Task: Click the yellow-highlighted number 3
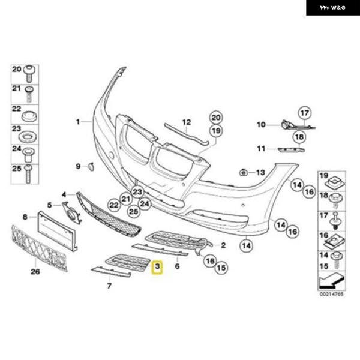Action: coord(157,268)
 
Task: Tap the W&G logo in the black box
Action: coord(332,8)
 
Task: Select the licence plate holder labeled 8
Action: coord(57,231)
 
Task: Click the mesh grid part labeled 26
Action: coord(39,248)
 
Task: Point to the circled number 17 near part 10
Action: coord(305,113)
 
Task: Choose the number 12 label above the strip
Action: coord(187,122)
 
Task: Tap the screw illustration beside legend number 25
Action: coord(28,174)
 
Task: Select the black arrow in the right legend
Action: coord(332,280)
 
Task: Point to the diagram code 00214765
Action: coord(332,294)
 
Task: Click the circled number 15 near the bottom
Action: coord(221,268)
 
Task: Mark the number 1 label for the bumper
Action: coord(78,122)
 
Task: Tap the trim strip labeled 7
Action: coord(111,272)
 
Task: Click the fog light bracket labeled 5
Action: coord(72,212)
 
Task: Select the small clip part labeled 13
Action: coord(243,172)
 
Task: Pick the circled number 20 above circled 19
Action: coord(215,118)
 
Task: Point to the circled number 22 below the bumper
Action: coord(114,205)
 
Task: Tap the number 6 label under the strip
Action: coord(177,266)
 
